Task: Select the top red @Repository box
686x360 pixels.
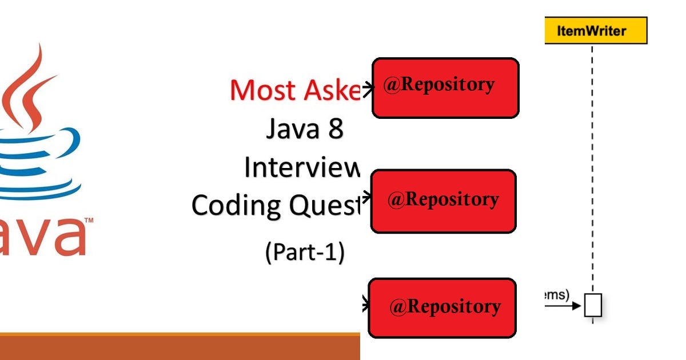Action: pos(445,88)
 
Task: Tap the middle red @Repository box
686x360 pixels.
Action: pos(443,201)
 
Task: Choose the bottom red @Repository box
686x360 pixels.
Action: pos(442,308)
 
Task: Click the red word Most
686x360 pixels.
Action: pos(262,90)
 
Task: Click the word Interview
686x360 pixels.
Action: pos(302,167)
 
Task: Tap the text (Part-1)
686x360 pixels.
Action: pos(305,252)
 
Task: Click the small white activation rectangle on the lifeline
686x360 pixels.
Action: pos(593,305)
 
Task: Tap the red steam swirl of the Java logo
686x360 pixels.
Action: pos(29,86)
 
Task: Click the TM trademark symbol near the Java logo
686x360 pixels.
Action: pos(90,221)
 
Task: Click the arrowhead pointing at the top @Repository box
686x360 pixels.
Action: pos(368,87)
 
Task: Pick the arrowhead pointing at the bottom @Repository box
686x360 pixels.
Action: pos(366,306)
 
